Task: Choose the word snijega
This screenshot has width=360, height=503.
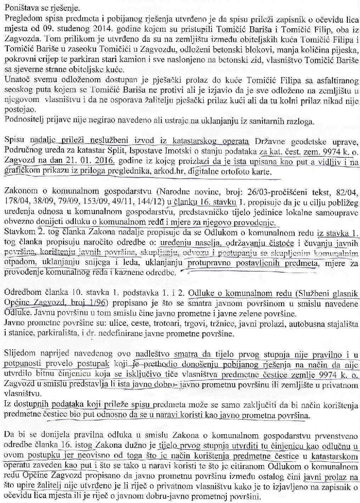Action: [91, 264]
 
